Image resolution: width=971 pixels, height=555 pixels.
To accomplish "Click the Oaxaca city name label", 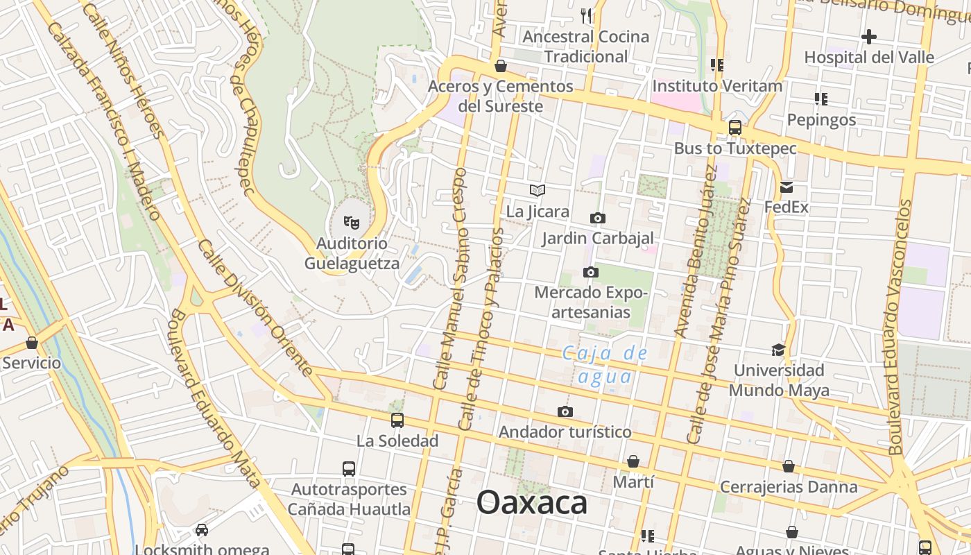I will [x=532, y=503].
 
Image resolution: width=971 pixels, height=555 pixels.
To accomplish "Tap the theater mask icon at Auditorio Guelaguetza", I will [x=352, y=223].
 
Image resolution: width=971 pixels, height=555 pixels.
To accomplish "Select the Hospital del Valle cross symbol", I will [x=868, y=37].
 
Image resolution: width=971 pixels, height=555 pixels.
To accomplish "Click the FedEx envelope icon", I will [x=787, y=187].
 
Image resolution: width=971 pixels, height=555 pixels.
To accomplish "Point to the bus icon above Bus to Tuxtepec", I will [x=735, y=128].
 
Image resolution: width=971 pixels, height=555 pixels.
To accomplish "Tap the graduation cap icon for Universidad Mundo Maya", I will [x=778, y=350].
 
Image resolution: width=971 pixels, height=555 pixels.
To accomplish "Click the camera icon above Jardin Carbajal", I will [x=597, y=218].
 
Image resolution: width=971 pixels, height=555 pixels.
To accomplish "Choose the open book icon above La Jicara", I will [x=537, y=190].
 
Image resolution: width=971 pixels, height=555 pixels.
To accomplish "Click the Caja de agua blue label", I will [x=605, y=365].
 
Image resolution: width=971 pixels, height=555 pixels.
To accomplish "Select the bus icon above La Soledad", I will [x=397, y=420].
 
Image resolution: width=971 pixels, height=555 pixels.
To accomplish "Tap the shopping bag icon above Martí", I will [x=633, y=461].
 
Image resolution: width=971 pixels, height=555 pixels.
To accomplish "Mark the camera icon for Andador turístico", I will [x=565, y=412].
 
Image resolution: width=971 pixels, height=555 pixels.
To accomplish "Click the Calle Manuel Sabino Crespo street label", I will [x=451, y=277].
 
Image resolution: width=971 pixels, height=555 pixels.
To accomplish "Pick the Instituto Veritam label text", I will [x=717, y=86].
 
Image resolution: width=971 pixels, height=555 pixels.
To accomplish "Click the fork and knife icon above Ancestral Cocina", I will [x=586, y=15].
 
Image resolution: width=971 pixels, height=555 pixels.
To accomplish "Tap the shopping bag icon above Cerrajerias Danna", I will [x=789, y=466].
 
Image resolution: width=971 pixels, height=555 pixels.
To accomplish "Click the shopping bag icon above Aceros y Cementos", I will [x=501, y=66].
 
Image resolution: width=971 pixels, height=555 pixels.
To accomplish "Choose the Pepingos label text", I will [x=821, y=120].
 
